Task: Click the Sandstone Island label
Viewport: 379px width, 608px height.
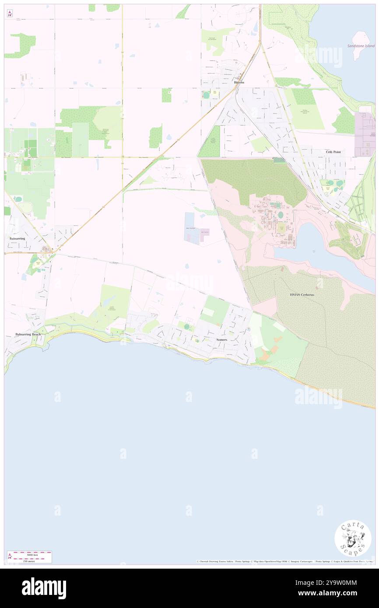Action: click(x=364, y=45)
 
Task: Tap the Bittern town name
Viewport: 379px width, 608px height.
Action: click(x=239, y=82)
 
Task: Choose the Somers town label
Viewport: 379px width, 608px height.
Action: click(x=221, y=339)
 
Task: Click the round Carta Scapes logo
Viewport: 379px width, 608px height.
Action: click(x=353, y=538)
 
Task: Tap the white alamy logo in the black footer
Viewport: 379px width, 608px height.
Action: click(x=44, y=588)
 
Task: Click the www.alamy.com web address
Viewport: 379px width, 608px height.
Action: click(x=338, y=594)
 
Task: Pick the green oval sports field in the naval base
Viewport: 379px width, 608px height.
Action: click(x=280, y=215)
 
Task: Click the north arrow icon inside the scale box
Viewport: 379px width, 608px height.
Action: click(x=10, y=556)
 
